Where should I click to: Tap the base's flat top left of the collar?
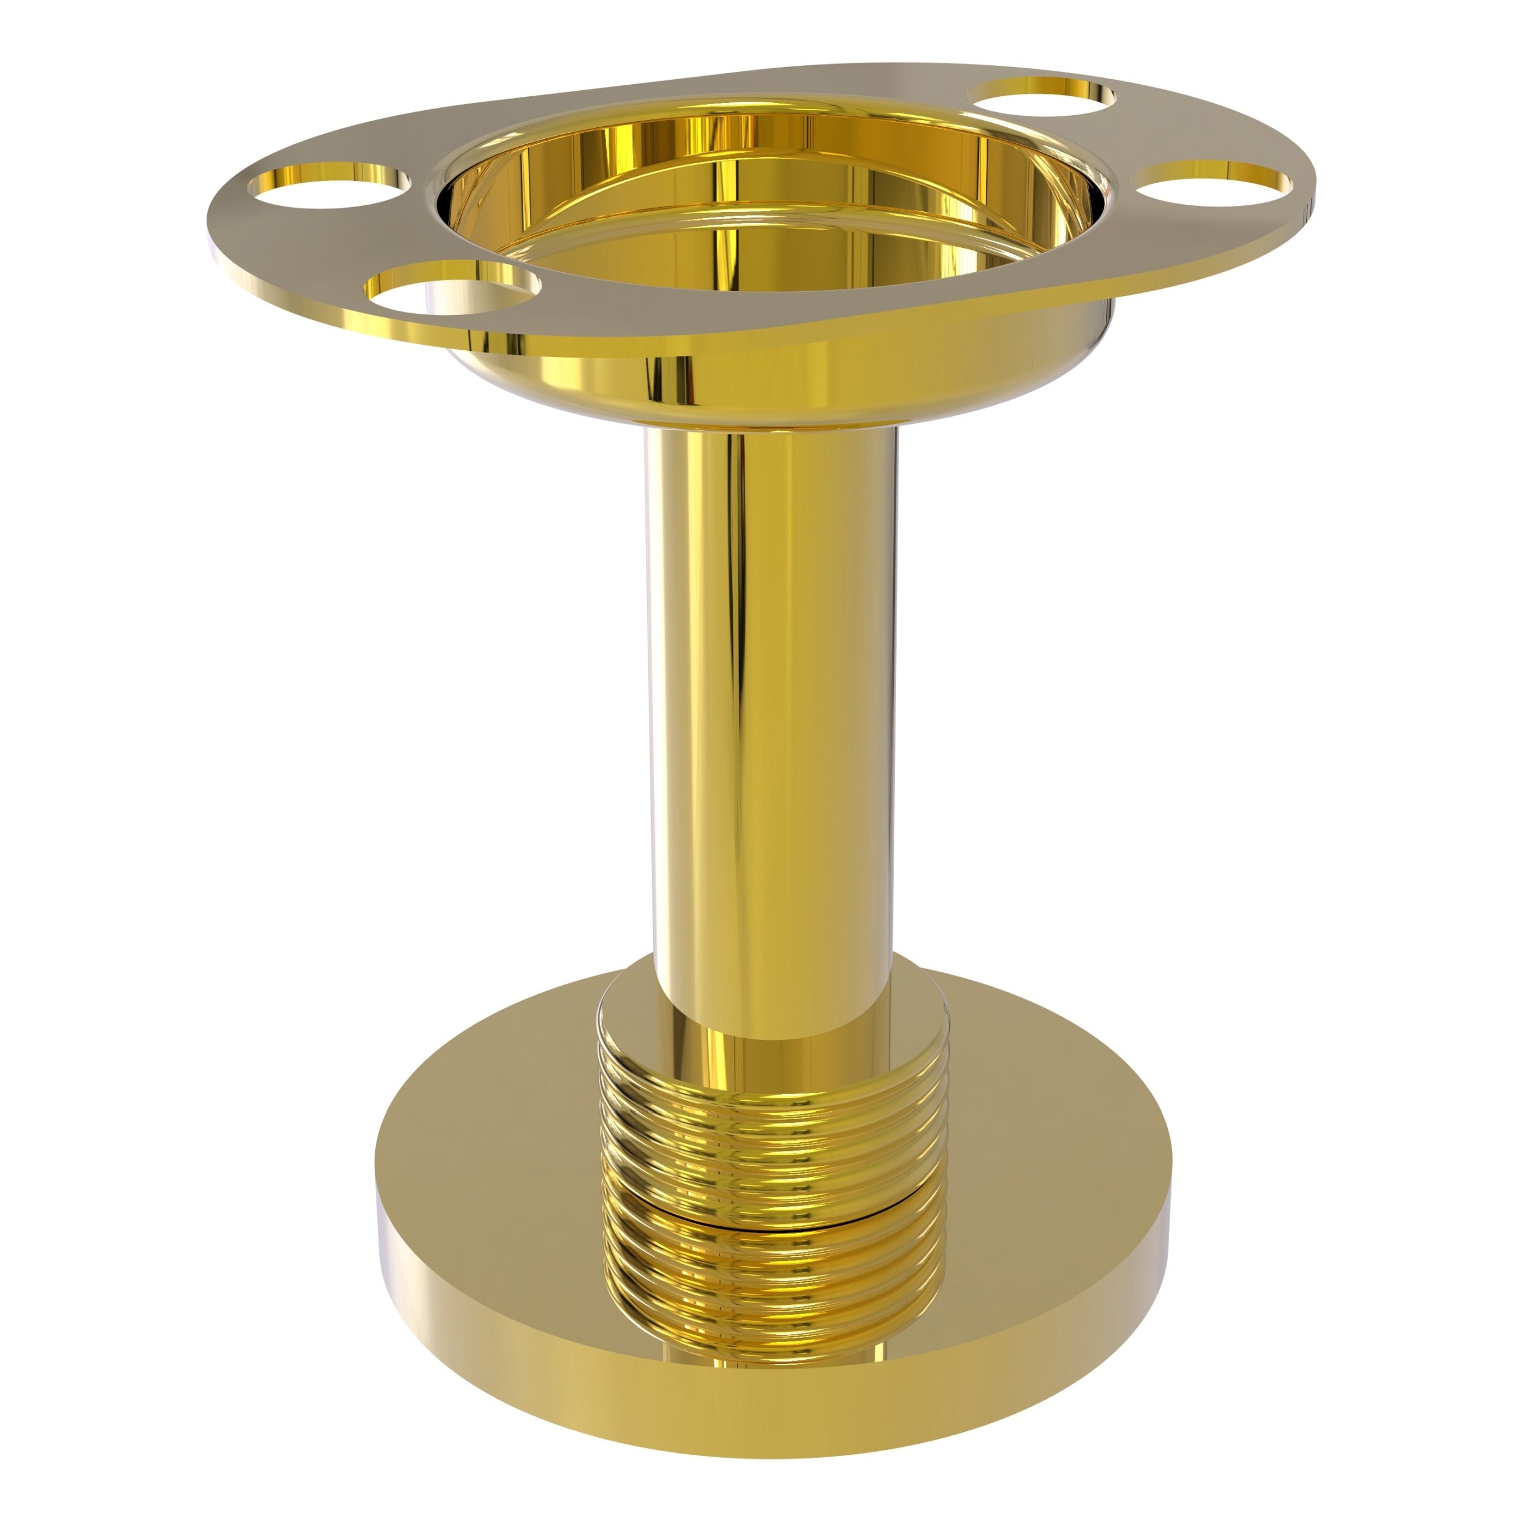click(489, 1182)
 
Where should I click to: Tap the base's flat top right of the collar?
click(1056, 1182)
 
